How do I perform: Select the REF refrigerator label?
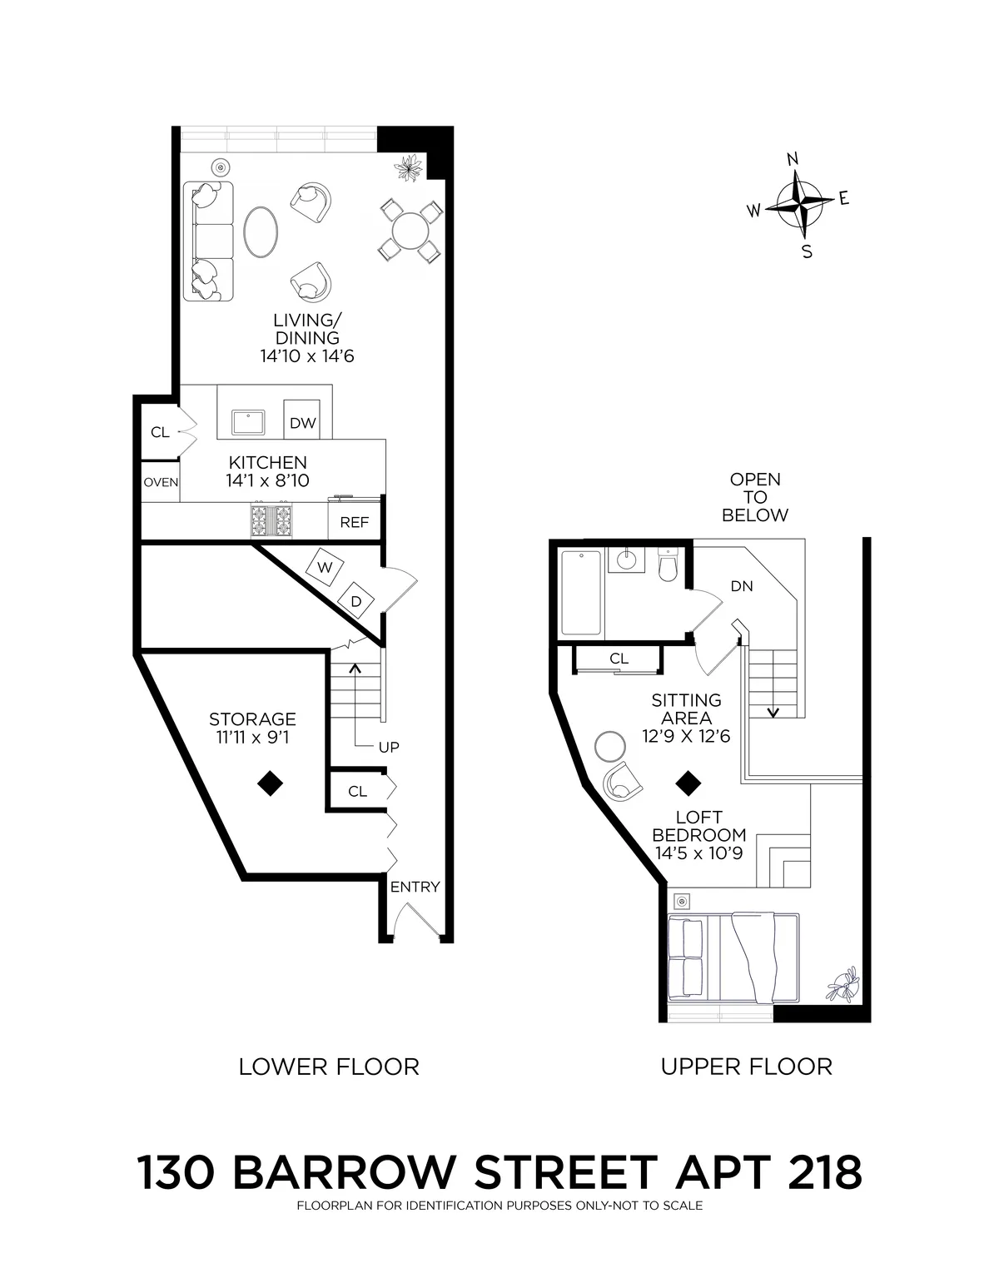pos(355,522)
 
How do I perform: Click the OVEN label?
pos(161,482)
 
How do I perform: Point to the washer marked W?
pos(326,567)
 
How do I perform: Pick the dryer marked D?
pos(355,600)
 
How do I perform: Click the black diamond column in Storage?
pos(269,783)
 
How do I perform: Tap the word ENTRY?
pos(415,887)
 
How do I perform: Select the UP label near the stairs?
pos(389,747)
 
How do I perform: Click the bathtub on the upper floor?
pos(581,592)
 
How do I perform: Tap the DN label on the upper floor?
pos(741,586)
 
